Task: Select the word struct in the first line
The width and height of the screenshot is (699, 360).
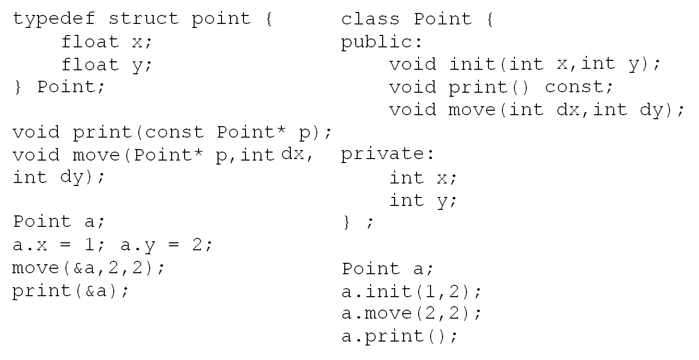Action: point(144,19)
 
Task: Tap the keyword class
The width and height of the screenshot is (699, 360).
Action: point(370,19)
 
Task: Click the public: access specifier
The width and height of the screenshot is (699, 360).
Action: point(382,42)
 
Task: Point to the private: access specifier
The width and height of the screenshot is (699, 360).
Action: point(388,154)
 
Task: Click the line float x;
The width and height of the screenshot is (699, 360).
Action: point(106,42)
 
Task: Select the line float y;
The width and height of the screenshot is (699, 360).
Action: point(106,65)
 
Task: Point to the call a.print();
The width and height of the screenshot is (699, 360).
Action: point(399,336)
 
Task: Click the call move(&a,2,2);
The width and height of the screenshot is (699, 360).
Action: point(88,268)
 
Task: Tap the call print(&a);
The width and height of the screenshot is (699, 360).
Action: point(70,291)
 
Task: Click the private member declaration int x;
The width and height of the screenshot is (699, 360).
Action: point(423,178)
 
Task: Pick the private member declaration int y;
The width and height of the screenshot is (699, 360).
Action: point(423,200)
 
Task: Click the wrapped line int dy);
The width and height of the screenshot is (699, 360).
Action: point(59,178)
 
